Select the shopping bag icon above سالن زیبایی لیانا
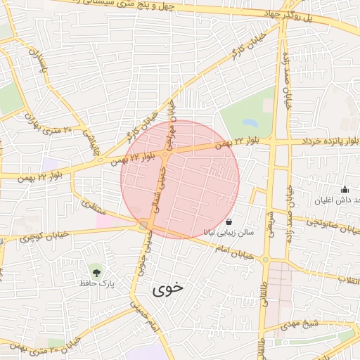pyautogui.click(x=229, y=220)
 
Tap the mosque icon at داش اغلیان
pyautogui.click(x=345, y=189)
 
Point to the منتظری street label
pyautogui.click(x=93, y=207)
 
